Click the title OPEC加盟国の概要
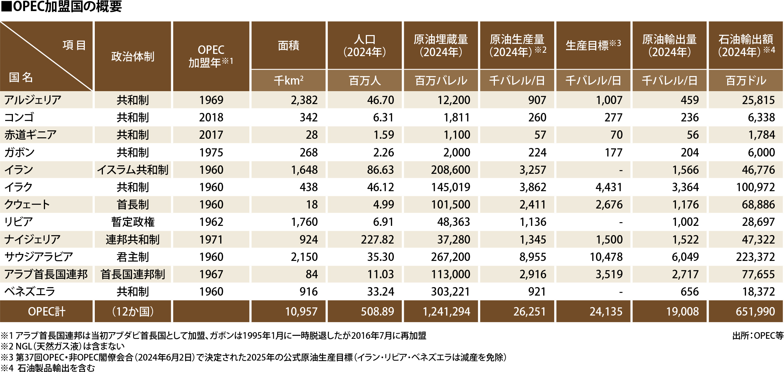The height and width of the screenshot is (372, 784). coord(62,7)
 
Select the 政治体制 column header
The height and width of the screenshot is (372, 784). coord(133,56)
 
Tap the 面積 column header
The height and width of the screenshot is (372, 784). coord(288,45)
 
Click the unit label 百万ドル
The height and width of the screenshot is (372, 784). coord(746,80)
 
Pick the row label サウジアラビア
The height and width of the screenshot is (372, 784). coord(39,257)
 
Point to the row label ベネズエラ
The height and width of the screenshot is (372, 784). coord(30,292)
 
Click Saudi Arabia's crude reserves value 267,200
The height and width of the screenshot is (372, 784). coord(451,257)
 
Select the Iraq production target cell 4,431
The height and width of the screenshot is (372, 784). coord(609,187)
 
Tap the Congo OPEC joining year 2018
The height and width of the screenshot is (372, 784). coord(211,117)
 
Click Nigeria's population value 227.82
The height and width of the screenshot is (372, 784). coord(377,240)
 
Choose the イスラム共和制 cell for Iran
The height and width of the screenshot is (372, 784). coord(133,170)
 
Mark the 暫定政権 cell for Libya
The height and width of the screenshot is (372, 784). coord(133,222)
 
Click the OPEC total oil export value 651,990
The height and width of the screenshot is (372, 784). coord(755,311)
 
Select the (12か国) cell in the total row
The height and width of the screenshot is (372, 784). coord(133,311)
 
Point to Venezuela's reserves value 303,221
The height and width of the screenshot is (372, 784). coord(451,292)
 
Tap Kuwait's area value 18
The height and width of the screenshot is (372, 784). coord(312,204)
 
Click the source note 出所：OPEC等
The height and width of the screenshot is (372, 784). coord(757,335)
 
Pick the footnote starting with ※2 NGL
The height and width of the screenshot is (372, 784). coord(63,346)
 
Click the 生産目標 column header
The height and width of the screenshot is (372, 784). coord(593,45)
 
